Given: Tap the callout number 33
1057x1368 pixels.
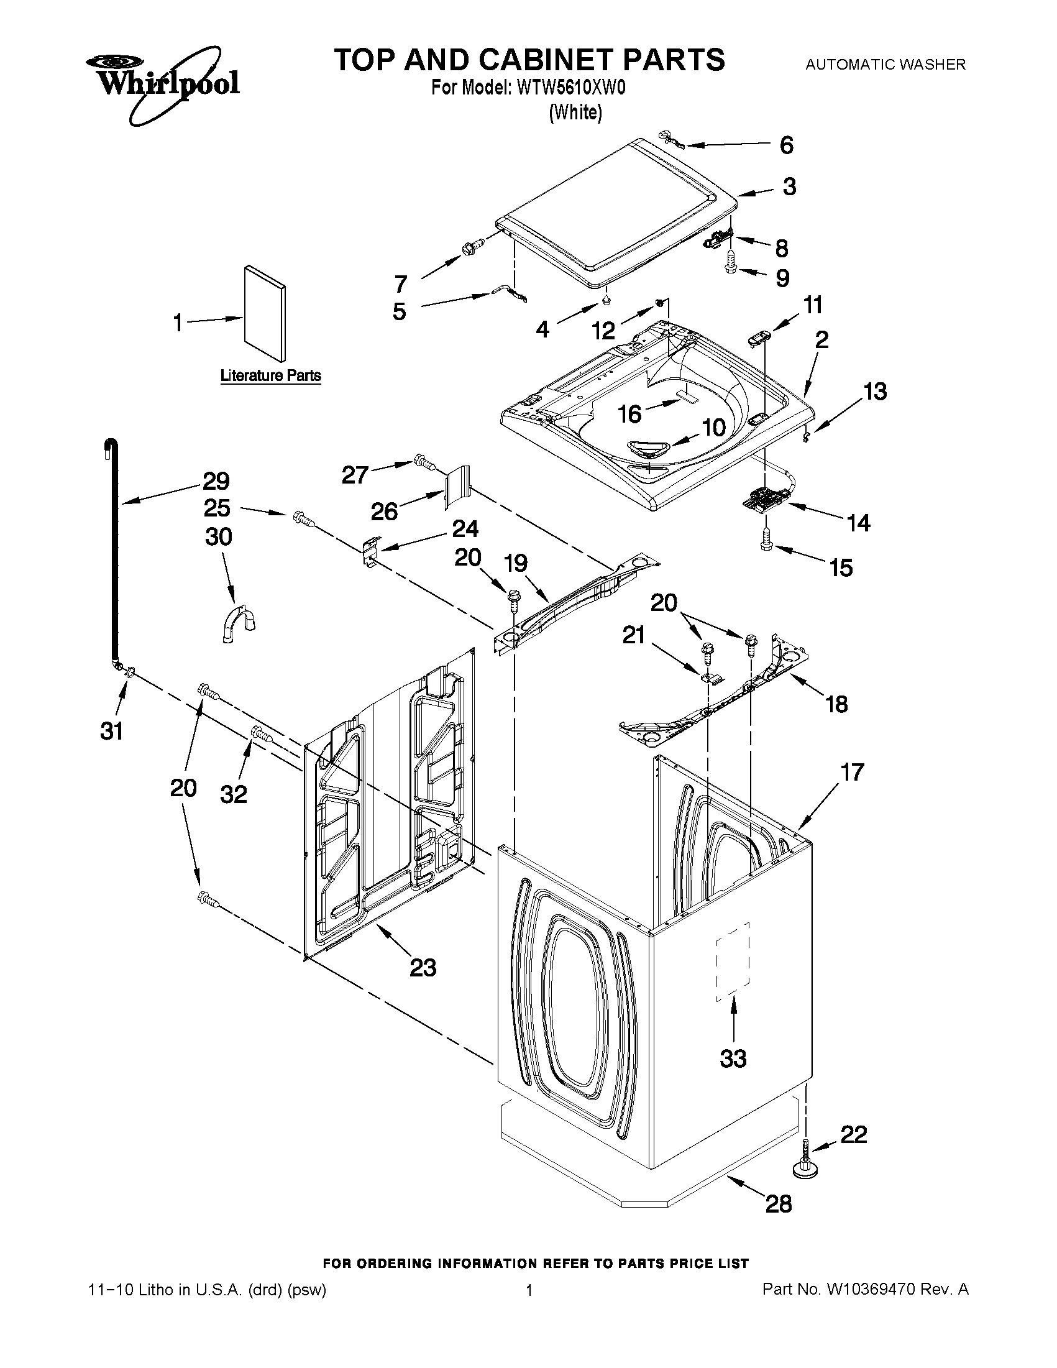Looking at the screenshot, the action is click(733, 1058).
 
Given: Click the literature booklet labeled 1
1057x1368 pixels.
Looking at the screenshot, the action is click(263, 313).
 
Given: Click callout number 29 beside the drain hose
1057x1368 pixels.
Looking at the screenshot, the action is click(216, 481).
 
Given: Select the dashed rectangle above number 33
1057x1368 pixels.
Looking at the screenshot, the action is click(733, 962).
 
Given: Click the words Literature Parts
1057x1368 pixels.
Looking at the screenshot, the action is click(270, 376).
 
